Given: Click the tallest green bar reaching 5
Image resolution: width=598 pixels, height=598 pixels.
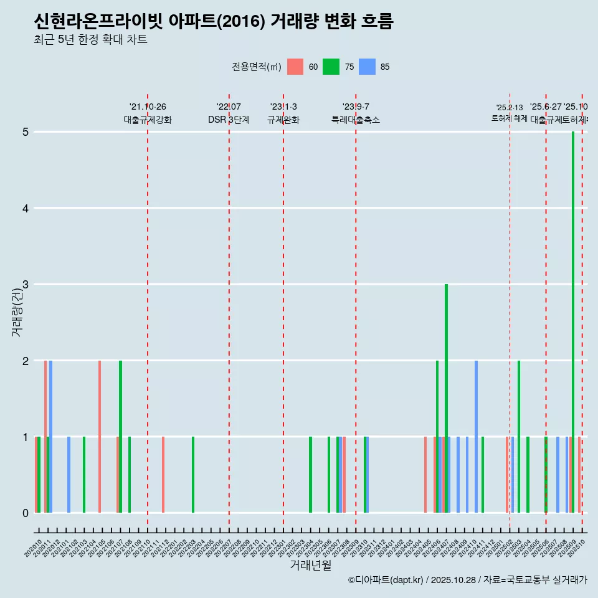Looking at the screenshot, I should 573,322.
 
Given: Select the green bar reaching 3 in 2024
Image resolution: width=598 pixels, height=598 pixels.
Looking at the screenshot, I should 446,399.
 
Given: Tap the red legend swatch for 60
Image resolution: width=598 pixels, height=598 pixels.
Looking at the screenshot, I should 295,67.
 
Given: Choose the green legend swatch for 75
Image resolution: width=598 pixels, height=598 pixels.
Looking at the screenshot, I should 331,67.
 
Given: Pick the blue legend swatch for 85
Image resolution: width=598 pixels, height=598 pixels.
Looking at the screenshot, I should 368,67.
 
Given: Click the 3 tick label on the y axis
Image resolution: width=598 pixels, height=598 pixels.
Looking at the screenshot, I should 26,285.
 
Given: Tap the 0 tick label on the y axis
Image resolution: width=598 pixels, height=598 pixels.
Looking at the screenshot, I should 26,513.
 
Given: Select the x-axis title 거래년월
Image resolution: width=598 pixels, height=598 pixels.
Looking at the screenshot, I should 310,565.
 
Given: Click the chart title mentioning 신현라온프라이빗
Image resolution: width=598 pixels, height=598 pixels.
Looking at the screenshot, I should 214,22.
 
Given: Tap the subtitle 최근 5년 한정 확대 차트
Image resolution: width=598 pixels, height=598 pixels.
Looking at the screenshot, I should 90,40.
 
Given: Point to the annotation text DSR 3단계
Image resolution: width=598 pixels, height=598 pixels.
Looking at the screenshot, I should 229,120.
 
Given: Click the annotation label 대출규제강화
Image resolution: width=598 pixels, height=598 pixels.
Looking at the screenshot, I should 148,120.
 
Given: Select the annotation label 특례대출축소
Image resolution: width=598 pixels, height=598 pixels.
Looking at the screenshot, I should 355,120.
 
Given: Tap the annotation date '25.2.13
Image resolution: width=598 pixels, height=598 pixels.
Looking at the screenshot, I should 509,108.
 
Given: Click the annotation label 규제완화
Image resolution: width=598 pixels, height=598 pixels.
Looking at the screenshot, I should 283,120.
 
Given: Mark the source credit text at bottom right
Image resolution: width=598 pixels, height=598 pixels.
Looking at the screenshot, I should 467,580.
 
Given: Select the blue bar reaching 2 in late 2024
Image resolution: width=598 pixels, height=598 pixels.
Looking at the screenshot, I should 476,437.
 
